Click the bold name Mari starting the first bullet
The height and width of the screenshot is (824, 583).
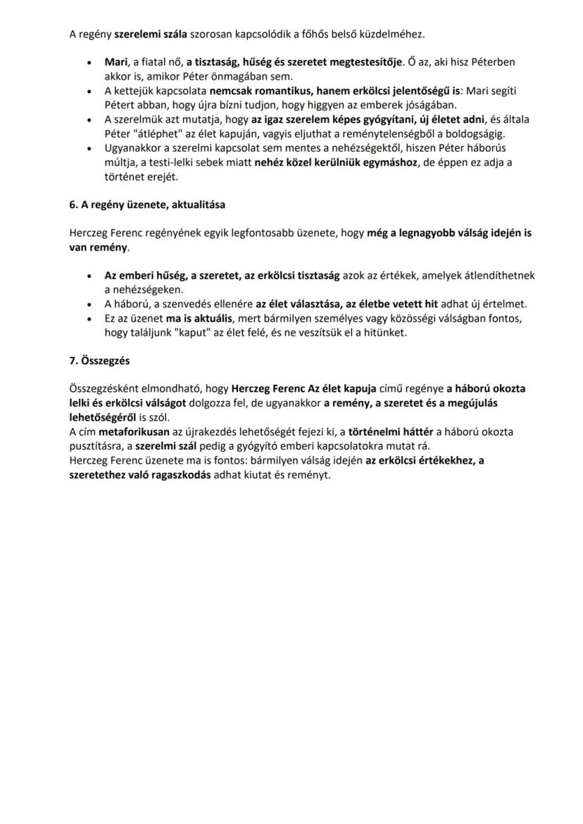coord(115,62)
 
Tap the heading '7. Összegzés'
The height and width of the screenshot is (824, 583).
coord(99,360)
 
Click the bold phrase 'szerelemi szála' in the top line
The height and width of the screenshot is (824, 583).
coord(146,34)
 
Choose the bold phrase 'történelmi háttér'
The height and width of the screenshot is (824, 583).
coord(391,431)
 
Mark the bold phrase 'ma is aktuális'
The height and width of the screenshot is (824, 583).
coord(199,319)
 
